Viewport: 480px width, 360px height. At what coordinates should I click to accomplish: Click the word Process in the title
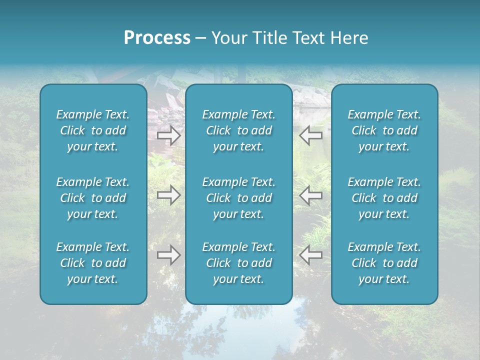point(157,38)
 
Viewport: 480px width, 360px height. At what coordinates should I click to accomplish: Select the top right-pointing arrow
point(169,135)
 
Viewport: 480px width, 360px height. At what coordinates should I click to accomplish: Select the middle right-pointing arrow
point(169,195)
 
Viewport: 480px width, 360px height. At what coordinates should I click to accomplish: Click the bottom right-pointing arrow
point(169,255)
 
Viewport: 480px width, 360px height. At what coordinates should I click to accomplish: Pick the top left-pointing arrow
point(311,135)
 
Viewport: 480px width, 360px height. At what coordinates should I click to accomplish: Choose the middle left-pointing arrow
point(311,195)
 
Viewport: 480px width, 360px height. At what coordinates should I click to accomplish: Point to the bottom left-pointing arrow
point(311,255)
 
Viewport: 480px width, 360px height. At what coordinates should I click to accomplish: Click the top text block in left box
point(93,130)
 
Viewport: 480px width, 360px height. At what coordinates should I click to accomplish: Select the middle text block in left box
point(93,198)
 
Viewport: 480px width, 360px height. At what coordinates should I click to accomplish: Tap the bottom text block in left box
point(93,263)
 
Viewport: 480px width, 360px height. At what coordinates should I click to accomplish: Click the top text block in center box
point(239,130)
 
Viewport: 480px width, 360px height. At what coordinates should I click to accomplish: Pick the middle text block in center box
point(239,198)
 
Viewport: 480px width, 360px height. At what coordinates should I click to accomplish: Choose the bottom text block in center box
point(239,263)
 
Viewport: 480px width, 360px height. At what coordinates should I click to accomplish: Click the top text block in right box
point(384,130)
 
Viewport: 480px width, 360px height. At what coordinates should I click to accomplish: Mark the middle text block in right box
point(384,198)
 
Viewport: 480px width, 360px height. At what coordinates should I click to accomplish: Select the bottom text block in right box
point(384,263)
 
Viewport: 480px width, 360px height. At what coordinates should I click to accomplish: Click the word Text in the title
point(308,38)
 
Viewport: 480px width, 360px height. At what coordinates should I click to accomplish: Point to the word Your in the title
point(229,38)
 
